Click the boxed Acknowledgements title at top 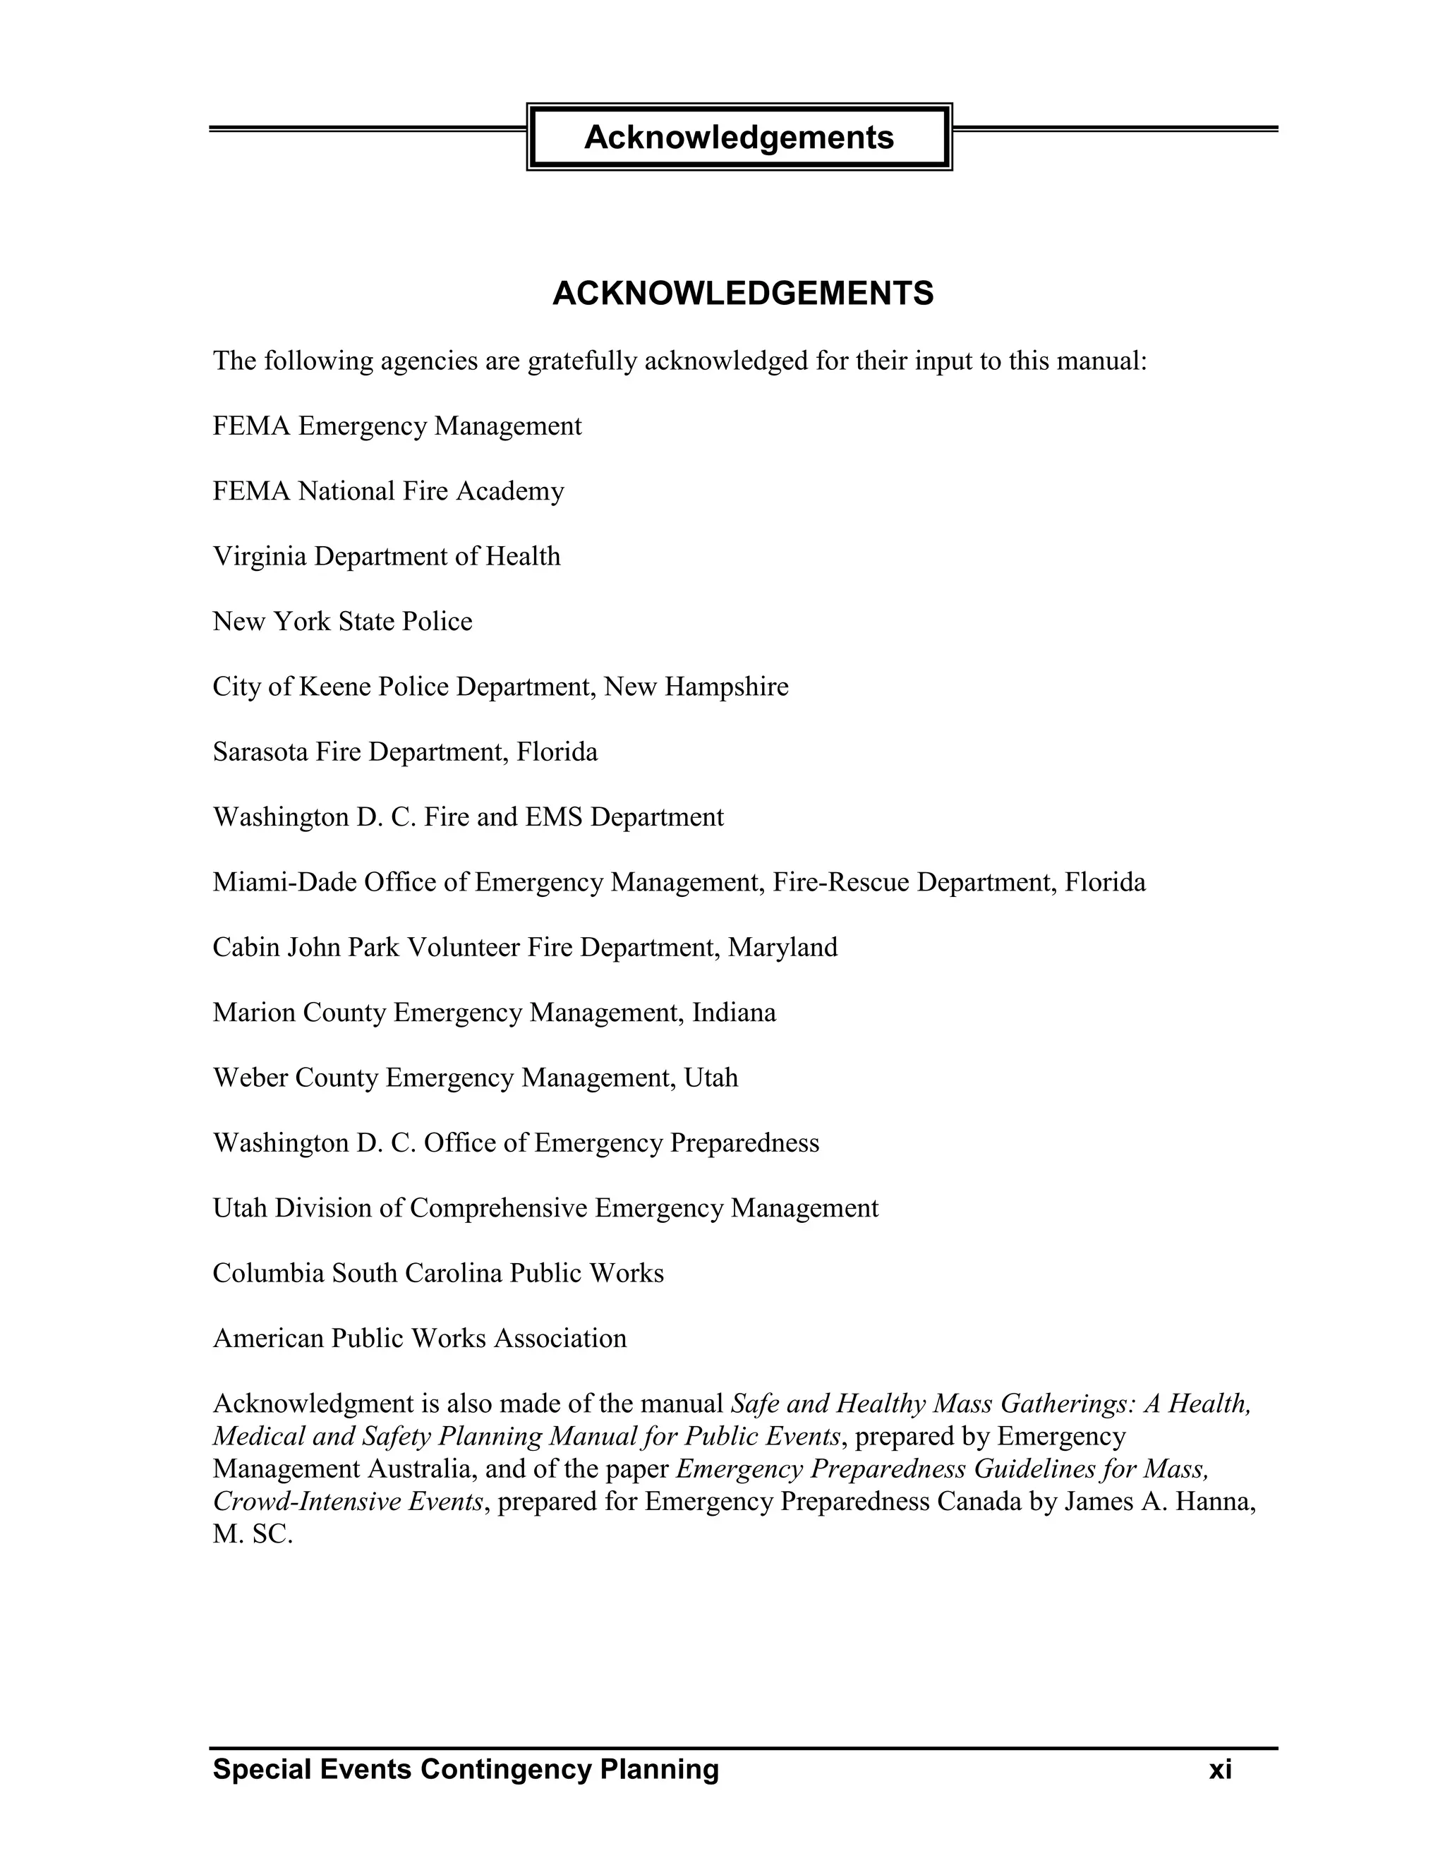click(x=739, y=137)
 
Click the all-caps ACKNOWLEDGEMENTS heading click(x=742, y=294)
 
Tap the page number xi click(x=1220, y=1769)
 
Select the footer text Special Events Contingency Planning click(x=466, y=1769)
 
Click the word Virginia click(x=260, y=557)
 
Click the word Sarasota click(x=260, y=752)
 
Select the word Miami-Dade click(x=284, y=882)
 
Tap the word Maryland click(x=782, y=947)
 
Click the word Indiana click(x=734, y=1013)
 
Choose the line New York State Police click(x=342, y=622)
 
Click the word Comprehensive click(x=498, y=1208)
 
